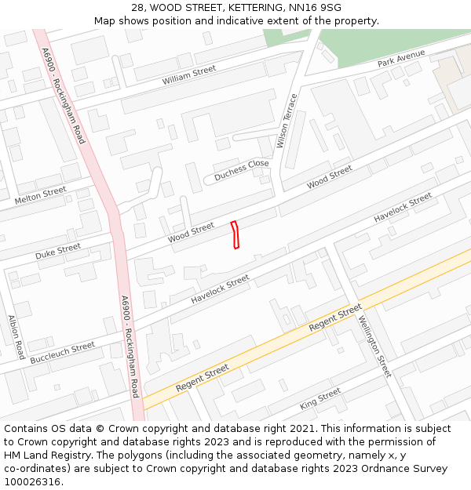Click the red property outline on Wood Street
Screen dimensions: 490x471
pyautogui.click(x=235, y=235)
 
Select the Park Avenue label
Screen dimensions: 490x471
pyautogui.click(x=400, y=58)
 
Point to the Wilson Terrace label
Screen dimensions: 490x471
pyautogui.click(x=287, y=121)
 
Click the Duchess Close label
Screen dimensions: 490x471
pyautogui.click(x=242, y=170)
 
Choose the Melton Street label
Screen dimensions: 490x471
pyautogui.click(x=40, y=196)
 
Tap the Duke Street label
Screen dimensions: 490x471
pyautogui.click(x=58, y=252)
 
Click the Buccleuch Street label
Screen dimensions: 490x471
pyautogui.click(x=63, y=353)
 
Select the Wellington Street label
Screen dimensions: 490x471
pyautogui.click(x=374, y=346)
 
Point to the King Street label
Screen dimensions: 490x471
pyautogui.click(x=320, y=398)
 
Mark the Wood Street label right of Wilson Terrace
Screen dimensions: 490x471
pyautogui.click(x=330, y=177)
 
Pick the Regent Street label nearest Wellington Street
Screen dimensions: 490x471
pyautogui.click(x=335, y=317)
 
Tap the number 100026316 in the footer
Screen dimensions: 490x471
pyautogui.click(x=34, y=482)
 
